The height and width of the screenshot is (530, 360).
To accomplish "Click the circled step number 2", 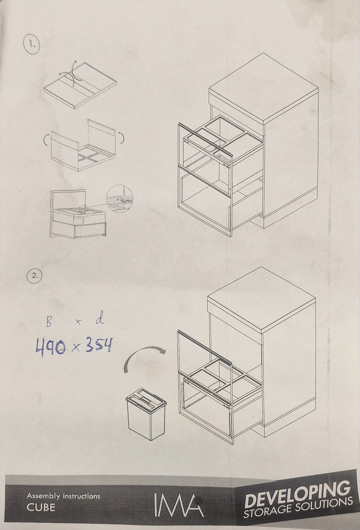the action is [x=34, y=275].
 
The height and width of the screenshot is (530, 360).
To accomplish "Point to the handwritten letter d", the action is [x=100, y=320].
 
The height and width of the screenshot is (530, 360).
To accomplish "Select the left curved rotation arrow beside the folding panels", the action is [x=46, y=140].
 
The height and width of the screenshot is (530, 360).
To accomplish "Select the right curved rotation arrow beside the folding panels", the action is [x=121, y=138].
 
